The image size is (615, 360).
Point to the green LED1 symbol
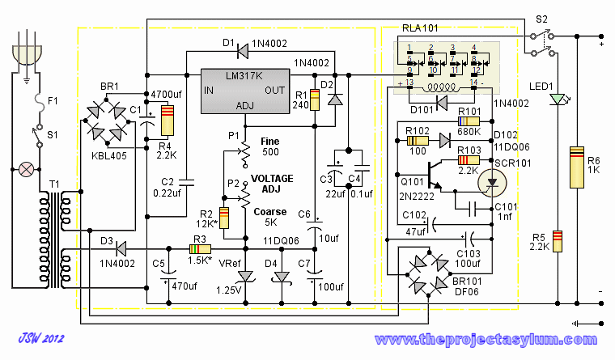[555, 100]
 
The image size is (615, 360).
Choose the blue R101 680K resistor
[471, 122]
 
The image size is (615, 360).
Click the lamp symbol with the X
[27, 170]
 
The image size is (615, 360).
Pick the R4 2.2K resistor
[167, 121]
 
